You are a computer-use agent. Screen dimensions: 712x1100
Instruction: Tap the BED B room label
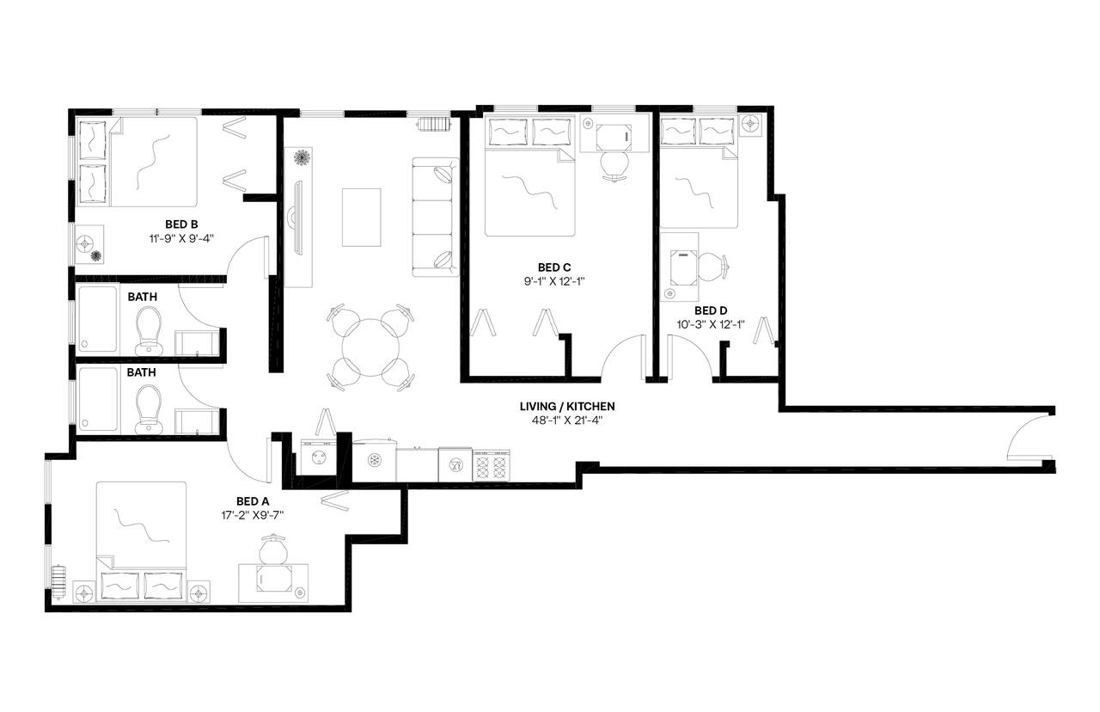coord(182,224)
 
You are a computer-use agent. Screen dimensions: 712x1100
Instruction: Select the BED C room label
coord(554,267)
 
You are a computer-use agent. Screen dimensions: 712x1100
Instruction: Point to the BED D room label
coord(711,310)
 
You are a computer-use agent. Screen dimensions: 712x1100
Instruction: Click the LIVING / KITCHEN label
coord(566,406)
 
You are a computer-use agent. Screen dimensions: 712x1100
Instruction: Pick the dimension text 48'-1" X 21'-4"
coord(566,420)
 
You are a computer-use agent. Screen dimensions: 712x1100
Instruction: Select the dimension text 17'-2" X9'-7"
coord(253,515)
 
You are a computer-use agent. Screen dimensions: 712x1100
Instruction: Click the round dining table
coord(370,347)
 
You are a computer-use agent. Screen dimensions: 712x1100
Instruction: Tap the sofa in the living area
coord(435,217)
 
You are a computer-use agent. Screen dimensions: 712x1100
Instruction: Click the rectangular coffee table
coord(361,217)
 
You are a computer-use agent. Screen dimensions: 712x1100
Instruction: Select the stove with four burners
coord(492,465)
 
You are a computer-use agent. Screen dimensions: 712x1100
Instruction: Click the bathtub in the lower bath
coord(97,400)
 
